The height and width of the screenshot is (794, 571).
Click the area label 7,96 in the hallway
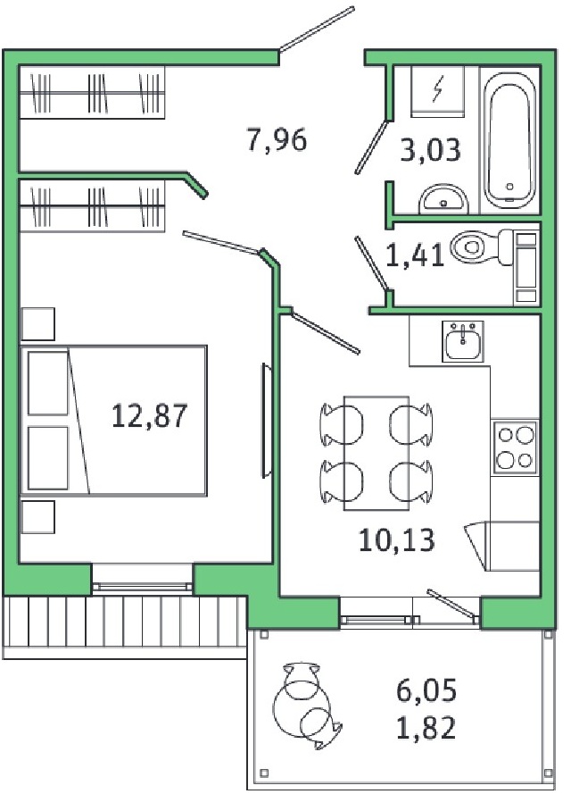pos(277,139)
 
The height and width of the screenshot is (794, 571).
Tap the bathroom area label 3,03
pos(430,150)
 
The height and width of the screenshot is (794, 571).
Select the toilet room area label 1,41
pos(415,255)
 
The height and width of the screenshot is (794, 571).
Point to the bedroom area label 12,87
pos(149,415)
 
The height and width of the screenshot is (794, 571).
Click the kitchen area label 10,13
pos(396,539)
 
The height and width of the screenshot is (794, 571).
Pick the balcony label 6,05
pos(426,690)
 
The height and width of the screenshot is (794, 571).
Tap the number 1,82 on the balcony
pos(426,728)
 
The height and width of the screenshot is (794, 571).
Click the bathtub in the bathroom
pos(509,139)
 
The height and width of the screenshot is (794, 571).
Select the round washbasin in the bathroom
pos(443,199)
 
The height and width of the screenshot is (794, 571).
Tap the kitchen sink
pos(463,341)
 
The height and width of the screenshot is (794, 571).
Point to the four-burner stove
pos(515,447)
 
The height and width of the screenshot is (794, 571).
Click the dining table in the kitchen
pos(377,453)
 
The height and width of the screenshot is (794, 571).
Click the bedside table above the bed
pos(38,324)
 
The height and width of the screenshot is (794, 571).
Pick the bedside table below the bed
pos(38,516)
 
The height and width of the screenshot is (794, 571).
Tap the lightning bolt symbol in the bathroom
pos(438,88)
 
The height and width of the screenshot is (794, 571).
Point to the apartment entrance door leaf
pos(317,29)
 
